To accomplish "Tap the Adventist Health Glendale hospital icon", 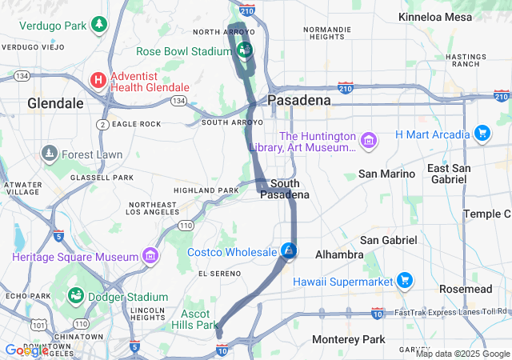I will [x=98, y=80].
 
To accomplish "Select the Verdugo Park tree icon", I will [x=98, y=25].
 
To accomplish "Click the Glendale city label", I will [x=55, y=103].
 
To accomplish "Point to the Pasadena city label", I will [x=298, y=100].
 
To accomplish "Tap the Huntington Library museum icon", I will [x=368, y=141].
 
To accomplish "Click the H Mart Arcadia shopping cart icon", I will [x=482, y=133].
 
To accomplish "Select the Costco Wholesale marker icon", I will [x=290, y=251].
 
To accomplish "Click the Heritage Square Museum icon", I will [x=150, y=256].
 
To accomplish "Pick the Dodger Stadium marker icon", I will [x=76, y=296].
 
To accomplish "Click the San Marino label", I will [x=386, y=174].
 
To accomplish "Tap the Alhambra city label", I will [x=339, y=254].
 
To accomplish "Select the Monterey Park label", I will [x=348, y=339].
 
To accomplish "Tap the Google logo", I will [x=26, y=350].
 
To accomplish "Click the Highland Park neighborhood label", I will [x=206, y=190].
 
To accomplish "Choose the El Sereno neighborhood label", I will [x=219, y=274].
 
